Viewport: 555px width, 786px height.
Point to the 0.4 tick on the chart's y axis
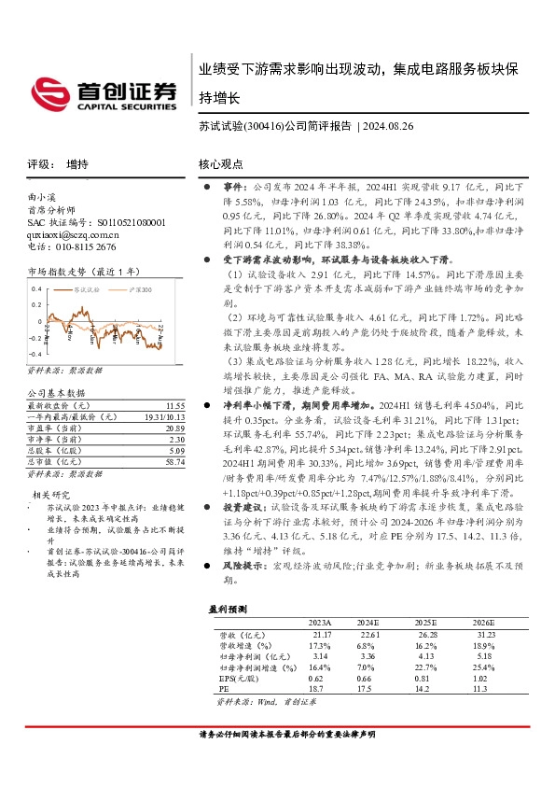point(35,289)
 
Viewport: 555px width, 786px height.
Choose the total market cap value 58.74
point(173,461)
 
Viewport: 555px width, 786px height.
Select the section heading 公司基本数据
point(56,394)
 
